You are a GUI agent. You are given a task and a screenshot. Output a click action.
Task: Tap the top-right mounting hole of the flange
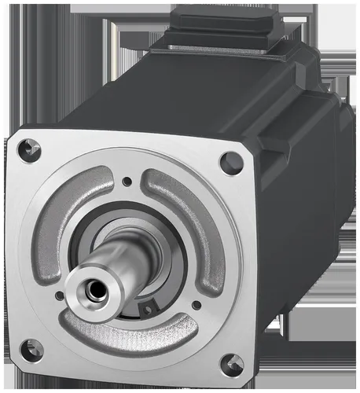click(x=231, y=163)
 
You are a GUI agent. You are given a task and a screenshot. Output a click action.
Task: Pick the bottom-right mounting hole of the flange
click(x=231, y=363)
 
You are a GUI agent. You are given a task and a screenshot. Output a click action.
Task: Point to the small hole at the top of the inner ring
click(x=127, y=182)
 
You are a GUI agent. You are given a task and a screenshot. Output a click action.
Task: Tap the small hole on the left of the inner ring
click(x=60, y=296)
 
